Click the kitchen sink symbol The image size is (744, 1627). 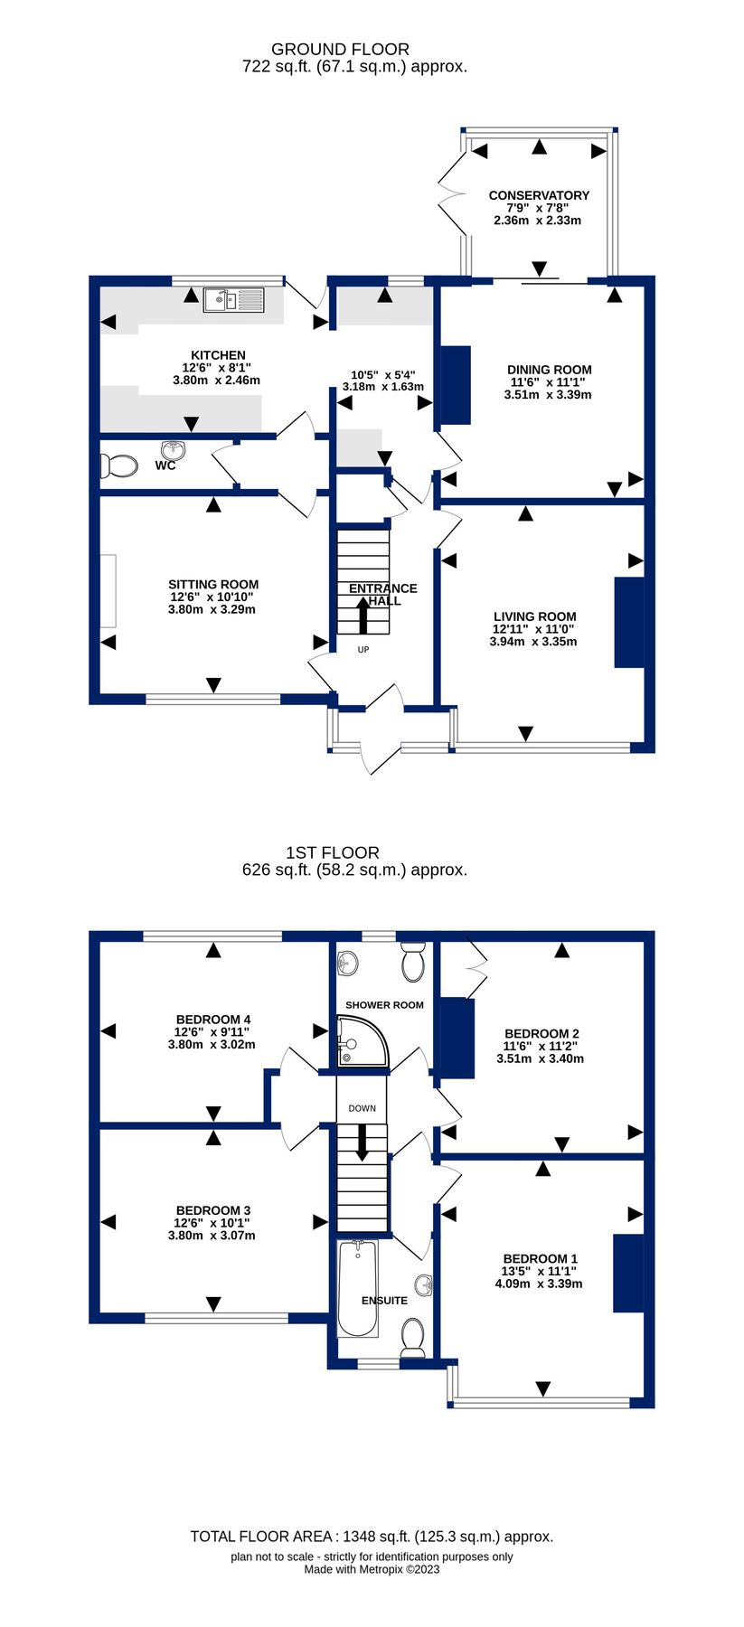coord(233,300)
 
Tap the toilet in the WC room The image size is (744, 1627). coord(118,466)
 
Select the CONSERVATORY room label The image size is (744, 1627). coord(539,195)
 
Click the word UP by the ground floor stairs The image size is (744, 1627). coord(363,650)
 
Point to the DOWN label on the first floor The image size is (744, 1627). coord(362,1108)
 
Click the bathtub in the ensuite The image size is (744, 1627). coord(357,1289)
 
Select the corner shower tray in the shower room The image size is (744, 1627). coord(361,1042)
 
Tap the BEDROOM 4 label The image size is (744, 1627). coord(213,1020)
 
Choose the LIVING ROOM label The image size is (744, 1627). coord(534,616)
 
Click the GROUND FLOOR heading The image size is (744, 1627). coord(340,50)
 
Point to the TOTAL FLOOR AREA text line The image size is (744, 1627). coord(372,1536)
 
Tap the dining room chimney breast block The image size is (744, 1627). coord(455,385)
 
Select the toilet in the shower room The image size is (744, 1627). coord(413,963)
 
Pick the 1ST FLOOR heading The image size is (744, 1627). coord(333,852)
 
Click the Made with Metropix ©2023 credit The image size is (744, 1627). coord(372,1569)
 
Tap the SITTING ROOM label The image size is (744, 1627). coord(213,585)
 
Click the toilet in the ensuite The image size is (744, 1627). coord(413,1338)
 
